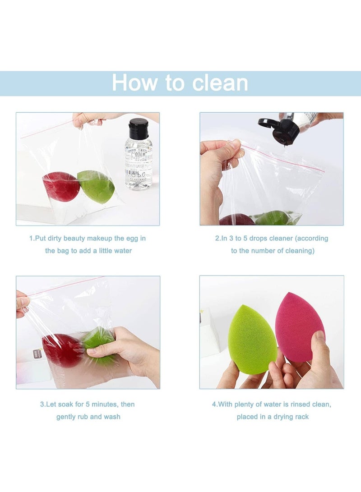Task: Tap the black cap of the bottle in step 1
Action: [139, 129]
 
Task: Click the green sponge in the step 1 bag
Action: [96, 186]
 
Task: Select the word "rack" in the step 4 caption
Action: [301, 417]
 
